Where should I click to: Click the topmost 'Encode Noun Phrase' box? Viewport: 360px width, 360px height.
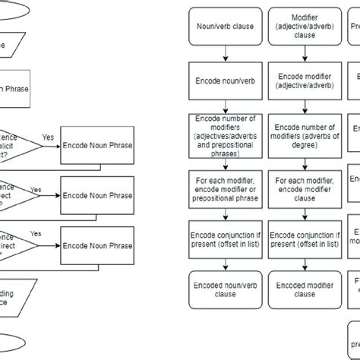tap(98, 144)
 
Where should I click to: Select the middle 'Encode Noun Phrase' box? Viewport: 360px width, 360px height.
tap(98, 194)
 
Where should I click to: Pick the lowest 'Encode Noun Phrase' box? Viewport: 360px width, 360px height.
tap(98, 245)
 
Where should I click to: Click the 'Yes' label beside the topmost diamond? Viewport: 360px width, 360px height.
tap(48, 137)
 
